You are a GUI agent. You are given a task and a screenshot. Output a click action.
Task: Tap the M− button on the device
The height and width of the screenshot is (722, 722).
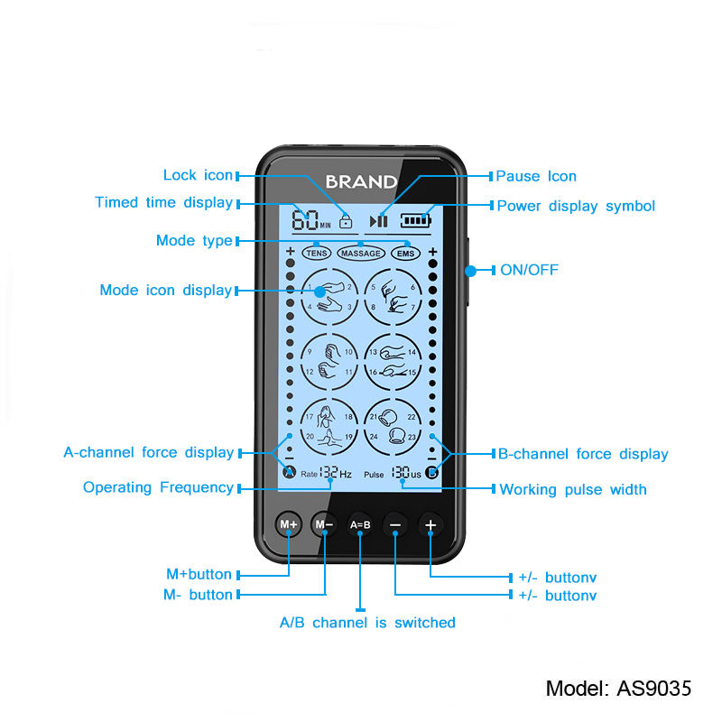click(324, 524)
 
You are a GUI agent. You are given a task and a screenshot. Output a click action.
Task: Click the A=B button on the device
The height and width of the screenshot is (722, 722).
click(360, 524)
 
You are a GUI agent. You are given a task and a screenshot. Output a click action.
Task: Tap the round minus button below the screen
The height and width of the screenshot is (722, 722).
click(395, 524)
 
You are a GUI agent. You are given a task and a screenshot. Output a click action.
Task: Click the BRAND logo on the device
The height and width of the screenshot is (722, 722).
click(361, 181)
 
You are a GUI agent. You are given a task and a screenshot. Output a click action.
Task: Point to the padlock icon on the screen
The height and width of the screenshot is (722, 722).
click(346, 220)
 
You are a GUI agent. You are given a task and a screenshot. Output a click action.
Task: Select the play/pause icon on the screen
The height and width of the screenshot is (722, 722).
click(380, 220)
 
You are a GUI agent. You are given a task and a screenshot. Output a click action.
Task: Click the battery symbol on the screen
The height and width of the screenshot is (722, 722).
click(417, 219)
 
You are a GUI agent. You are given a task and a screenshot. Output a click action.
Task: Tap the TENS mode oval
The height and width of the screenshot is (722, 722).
click(316, 254)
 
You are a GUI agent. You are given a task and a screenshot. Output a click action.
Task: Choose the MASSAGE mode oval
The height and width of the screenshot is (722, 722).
click(360, 254)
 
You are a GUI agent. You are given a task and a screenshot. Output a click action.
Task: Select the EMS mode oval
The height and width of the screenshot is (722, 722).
click(406, 254)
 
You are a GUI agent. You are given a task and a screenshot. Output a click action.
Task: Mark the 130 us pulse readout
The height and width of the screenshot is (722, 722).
click(405, 473)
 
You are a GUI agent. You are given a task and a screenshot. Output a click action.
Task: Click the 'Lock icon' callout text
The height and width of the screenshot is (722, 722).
click(198, 175)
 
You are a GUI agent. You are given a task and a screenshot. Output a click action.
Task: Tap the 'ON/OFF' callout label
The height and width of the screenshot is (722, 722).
click(530, 270)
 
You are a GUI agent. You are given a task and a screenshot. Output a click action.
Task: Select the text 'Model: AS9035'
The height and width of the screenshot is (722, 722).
click(619, 689)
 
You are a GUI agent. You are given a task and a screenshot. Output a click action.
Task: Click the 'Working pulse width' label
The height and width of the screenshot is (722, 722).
click(573, 489)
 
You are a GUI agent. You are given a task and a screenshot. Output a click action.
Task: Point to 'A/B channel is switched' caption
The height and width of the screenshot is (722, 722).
click(367, 623)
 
